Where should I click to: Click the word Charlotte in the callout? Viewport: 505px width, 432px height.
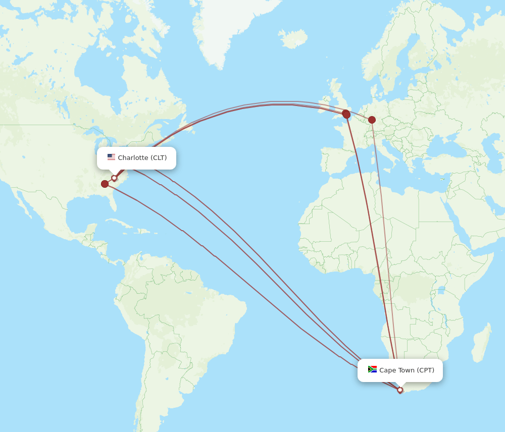(x=133, y=158)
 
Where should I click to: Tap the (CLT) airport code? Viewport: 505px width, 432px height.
(x=159, y=158)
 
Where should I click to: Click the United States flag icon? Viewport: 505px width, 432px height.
(x=111, y=157)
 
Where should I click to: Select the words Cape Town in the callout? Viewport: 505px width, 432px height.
(x=397, y=370)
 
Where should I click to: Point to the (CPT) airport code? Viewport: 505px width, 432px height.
(x=425, y=370)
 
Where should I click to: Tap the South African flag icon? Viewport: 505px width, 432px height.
(x=373, y=369)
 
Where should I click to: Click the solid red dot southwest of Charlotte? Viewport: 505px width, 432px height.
(x=105, y=184)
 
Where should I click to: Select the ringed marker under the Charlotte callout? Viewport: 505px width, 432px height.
(x=114, y=178)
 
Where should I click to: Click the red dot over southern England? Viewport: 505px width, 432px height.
(x=346, y=114)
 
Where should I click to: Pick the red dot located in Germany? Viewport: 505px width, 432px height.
(x=372, y=120)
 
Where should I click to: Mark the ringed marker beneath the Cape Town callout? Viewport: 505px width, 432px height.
(x=400, y=390)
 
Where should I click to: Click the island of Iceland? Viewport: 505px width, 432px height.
(x=293, y=38)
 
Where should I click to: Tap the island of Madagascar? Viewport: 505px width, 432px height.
(x=482, y=343)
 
